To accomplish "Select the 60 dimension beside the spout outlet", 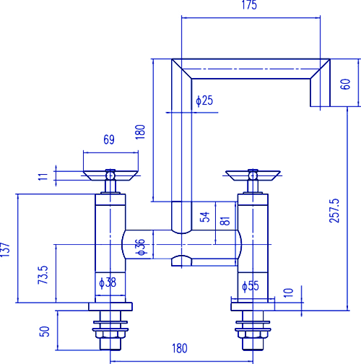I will point(344,83).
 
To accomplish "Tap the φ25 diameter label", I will point(204,100).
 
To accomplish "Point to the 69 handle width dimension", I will point(109,140).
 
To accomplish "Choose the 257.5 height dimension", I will point(334,210).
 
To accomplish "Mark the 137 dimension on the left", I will point(6,249).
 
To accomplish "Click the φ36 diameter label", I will point(141,247).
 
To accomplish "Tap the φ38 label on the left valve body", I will point(107,283).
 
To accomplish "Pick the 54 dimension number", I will point(204,217).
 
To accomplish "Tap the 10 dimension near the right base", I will point(288,292).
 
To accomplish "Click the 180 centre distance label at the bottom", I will point(180,348).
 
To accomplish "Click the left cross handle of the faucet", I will point(110,174).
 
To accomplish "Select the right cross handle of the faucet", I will point(252,174).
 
